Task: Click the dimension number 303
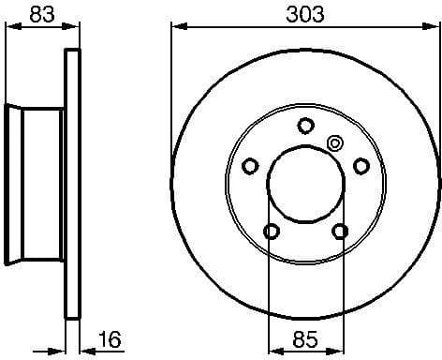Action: pos(304,14)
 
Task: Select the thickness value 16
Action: pos(110,338)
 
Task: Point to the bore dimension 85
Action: pos(304,338)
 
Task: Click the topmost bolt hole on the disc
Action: pos(304,126)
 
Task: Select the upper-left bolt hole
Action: pos(250,166)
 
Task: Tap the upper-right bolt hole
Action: pos(360,166)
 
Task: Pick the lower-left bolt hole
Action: pos(271,231)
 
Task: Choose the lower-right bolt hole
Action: pos(339,231)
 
